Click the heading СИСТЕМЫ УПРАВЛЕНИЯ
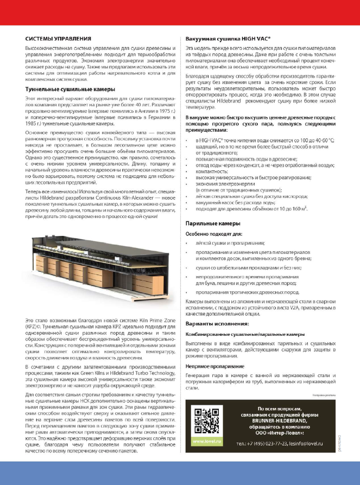tap(59, 39)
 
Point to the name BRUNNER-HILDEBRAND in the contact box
tap(270, 420)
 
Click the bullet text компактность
tap(214, 170)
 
